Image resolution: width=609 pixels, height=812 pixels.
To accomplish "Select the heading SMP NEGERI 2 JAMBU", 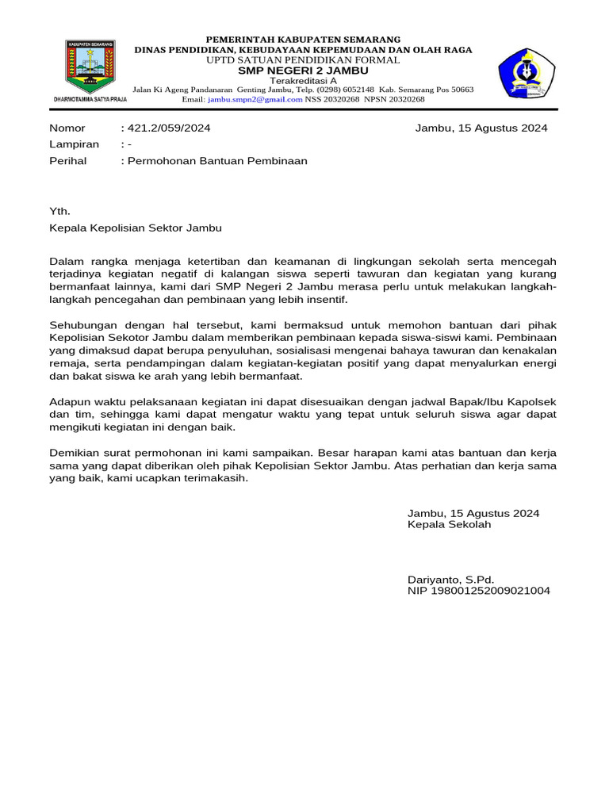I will (x=304, y=71).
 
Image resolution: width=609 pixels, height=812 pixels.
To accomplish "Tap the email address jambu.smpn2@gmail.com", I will (x=255, y=99).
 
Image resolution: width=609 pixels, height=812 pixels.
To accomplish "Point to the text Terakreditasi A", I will (x=304, y=81).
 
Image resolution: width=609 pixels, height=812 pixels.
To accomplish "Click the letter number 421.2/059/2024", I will (x=168, y=128).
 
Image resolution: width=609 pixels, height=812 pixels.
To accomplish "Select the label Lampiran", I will (x=75, y=144).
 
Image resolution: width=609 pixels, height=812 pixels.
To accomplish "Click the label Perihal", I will (x=68, y=160).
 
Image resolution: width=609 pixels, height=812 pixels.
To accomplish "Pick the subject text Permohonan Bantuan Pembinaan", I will (x=216, y=160).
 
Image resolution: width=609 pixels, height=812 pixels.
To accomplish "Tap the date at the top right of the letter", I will (x=481, y=128).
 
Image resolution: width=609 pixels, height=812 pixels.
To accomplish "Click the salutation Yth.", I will (x=60, y=212).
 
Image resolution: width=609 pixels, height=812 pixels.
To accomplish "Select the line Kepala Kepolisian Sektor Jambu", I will (x=136, y=228).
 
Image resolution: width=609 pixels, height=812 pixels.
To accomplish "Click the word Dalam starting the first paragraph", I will (x=67, y=261).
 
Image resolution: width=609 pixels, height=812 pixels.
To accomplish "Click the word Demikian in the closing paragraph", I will (x=74, y=453).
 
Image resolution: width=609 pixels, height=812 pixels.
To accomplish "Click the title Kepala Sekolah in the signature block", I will (x=450, y=524).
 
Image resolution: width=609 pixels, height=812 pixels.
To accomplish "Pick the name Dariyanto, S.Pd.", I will (x=450, y=579).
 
